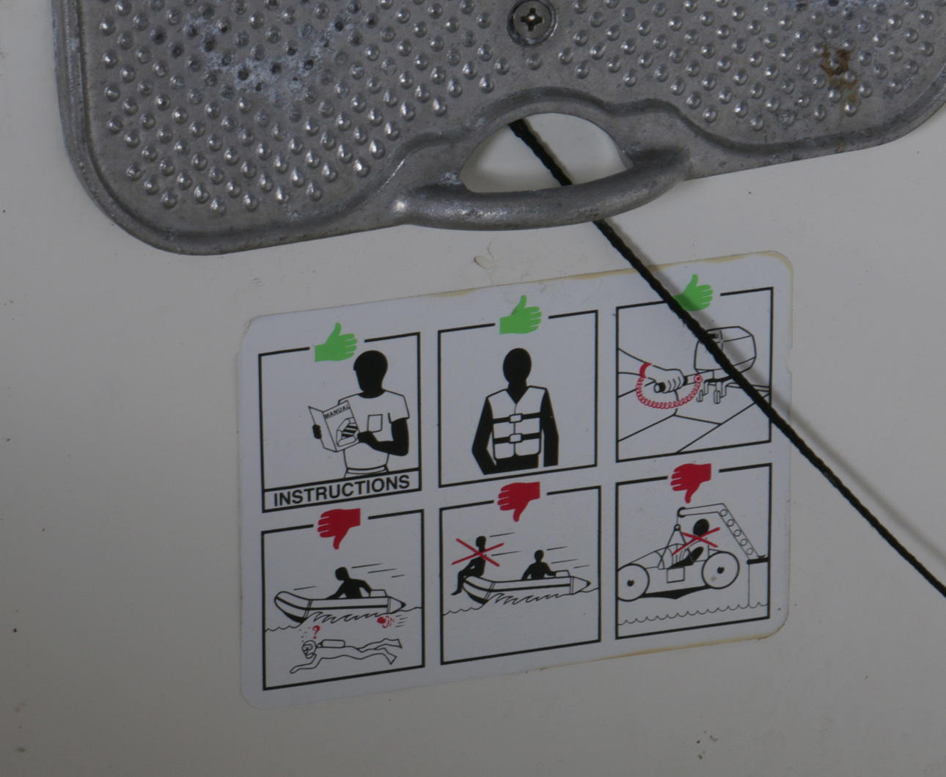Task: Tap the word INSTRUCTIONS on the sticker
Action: tap(342, 490)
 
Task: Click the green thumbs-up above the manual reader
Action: tap(336, 343)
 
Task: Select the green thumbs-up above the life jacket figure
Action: tap(521, 314)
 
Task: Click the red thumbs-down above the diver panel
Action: tap(339, 528)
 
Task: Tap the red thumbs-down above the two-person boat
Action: tap(519, 501)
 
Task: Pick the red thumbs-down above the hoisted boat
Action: tap(692, 482)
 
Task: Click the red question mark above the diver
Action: tap(315, 632)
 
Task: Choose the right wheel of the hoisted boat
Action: tap(720, 570)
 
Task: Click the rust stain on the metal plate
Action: tap(833, 63)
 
